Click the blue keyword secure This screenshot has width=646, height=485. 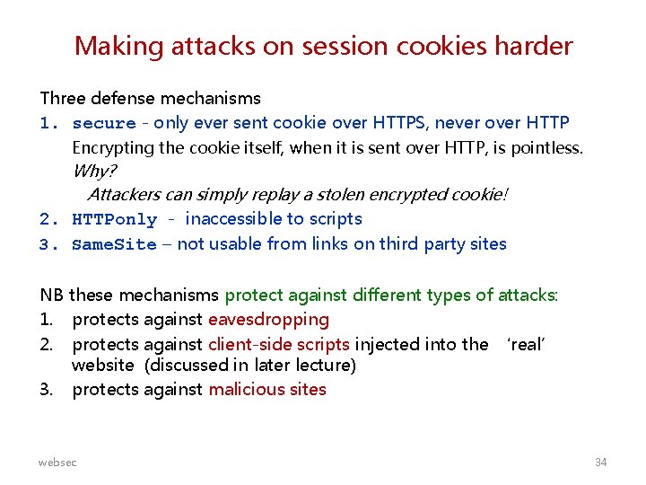(x=104, y=123)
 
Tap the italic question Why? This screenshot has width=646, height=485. (x=94, y=171)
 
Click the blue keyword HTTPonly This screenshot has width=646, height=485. (x=114, y=220)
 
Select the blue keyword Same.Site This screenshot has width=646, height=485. (x=114, y=245)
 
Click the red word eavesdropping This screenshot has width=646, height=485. (x=268, y=320)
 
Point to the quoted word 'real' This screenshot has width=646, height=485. (x=527, y=344)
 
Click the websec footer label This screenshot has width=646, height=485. (x=57, y=462)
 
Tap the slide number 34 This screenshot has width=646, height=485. (x=600, y=462)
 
